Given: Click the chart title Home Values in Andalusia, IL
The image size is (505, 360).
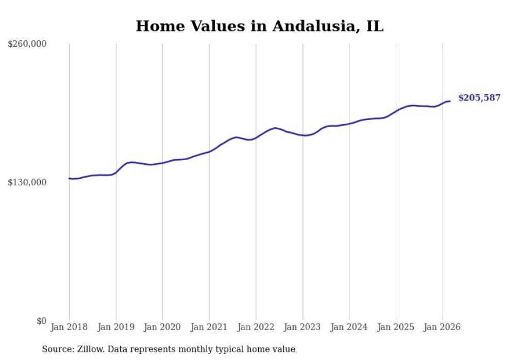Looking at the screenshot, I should pos(259,26).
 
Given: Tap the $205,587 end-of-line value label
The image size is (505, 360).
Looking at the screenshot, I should pos(479,98).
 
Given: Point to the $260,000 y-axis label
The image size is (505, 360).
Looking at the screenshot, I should pos(27,44).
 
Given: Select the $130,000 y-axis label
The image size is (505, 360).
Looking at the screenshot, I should pos(27,182).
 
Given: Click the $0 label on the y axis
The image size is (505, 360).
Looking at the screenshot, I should pos(41,321).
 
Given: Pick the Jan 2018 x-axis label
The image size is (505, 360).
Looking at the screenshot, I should pos(69,327).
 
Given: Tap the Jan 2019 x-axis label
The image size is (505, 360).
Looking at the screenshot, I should pos(116,327).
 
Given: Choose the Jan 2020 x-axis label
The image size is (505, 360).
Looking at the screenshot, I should pos(162,327).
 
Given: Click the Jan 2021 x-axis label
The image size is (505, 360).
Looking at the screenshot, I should pos(209,327).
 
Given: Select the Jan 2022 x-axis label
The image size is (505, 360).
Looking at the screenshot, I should pos(256,327).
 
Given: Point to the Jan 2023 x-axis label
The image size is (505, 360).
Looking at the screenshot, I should pos(302,327).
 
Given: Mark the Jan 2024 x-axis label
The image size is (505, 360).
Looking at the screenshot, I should pos(349,327).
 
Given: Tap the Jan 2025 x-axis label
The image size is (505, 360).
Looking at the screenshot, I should pos(396,327).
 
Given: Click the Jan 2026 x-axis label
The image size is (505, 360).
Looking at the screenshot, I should pos(442,327).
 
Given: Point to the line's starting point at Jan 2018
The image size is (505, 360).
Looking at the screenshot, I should pos(69,178).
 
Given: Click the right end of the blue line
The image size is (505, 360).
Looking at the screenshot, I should pos(450,101).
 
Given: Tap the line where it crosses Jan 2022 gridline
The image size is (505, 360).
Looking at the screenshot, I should pos(256,138).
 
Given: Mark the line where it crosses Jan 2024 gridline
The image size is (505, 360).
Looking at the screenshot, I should pos(349,124).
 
